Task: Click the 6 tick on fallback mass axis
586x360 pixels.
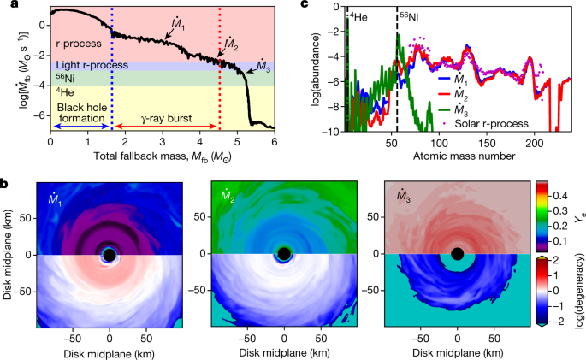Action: point(274,142)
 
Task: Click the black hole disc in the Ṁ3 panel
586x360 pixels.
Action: point(458,254)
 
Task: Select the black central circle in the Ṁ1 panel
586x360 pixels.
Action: point(110,254)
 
